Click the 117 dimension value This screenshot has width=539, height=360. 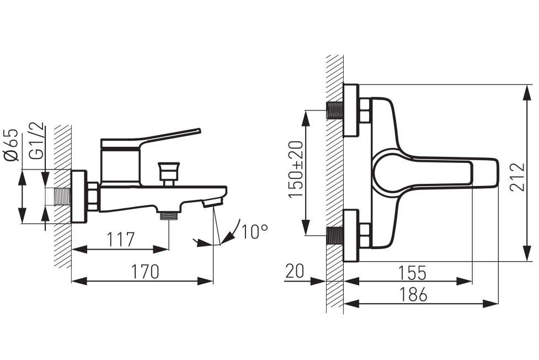[x=120, y=239]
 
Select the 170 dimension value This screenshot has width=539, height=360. [x=145, y=272]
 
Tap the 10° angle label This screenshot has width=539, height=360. [x=254, y=232]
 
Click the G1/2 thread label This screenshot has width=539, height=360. [x=37, y=141]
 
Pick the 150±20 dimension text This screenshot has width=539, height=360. [x=296, y=169]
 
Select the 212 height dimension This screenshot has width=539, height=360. [x=517, y=177]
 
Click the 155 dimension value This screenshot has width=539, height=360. [x=412, y=273]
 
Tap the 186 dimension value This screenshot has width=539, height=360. [x=413, y=294]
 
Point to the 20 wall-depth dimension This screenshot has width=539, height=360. [x=295, y=271]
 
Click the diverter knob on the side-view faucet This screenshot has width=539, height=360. [x=168, y=173]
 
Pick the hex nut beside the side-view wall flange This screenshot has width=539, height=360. [x=93, y=197]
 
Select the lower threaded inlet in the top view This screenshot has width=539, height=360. [x=334, y=236]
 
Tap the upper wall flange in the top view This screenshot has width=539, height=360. [x=351, y=110]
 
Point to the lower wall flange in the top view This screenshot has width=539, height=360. [x=351, y=235]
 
